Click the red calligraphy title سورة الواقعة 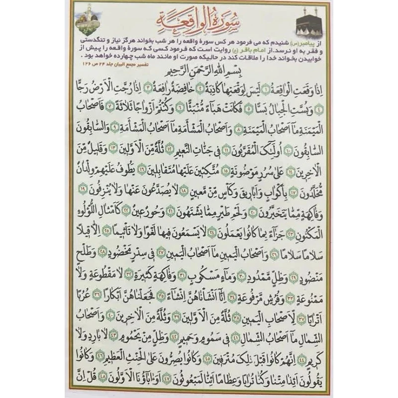pos(196,20)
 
